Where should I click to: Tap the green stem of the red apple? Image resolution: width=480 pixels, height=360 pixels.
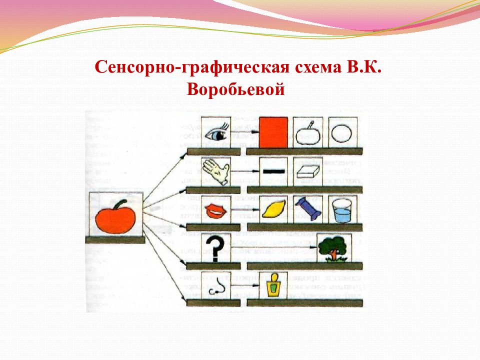119,203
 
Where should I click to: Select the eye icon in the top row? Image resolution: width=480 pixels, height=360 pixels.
215,133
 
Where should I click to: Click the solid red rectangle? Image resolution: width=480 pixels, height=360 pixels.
274,132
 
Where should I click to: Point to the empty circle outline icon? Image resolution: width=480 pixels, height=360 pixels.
343,133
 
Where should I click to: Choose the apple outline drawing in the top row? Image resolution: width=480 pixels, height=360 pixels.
307,133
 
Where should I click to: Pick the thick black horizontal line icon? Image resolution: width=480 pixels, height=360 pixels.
273,171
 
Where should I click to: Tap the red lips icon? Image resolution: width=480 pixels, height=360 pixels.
215,210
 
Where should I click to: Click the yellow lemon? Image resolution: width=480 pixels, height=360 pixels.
273,208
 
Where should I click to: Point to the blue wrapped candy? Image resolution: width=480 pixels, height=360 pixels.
307,208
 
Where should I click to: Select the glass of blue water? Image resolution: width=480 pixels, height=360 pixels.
343,210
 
